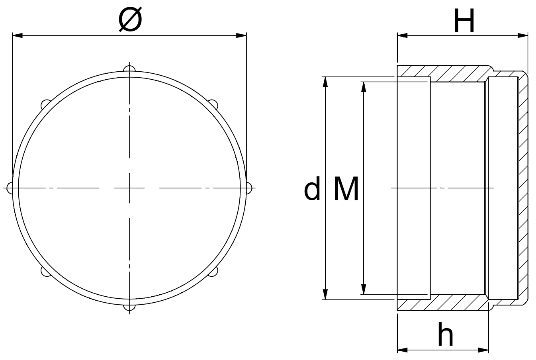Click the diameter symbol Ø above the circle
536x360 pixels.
click(x=130, y=19)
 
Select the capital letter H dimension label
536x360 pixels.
click(x=464, y=21)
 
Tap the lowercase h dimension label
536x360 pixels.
click(x=445, y=334)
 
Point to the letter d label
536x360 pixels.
click(x=312, y=188)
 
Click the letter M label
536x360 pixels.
click(x=346, y=188)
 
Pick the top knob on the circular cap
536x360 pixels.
click(x=129, y=69)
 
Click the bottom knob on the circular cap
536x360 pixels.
click(x=129, y=307)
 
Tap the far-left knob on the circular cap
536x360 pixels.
click(x=10, y=188)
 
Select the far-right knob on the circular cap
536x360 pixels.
click(x=249, y=188)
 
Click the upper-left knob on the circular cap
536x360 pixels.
click(x=45, y=104)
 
